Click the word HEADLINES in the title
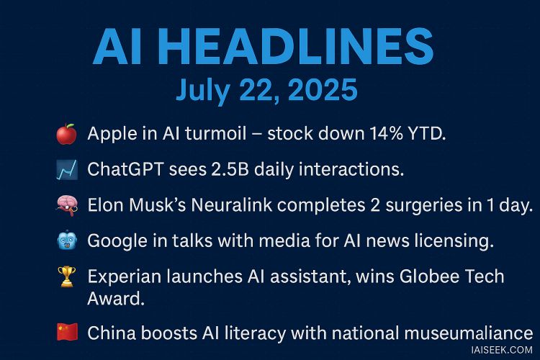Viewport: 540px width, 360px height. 295,47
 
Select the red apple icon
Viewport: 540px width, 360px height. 66,134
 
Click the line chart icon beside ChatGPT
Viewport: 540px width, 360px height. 67,170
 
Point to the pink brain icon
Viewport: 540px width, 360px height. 67,205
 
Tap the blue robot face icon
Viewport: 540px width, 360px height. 67,240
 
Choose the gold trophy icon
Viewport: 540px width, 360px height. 67,276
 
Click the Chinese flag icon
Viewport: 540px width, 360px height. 67,332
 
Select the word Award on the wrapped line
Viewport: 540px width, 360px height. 116,298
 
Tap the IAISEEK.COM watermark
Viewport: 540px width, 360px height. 501,350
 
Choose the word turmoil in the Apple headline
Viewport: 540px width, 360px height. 216,133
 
